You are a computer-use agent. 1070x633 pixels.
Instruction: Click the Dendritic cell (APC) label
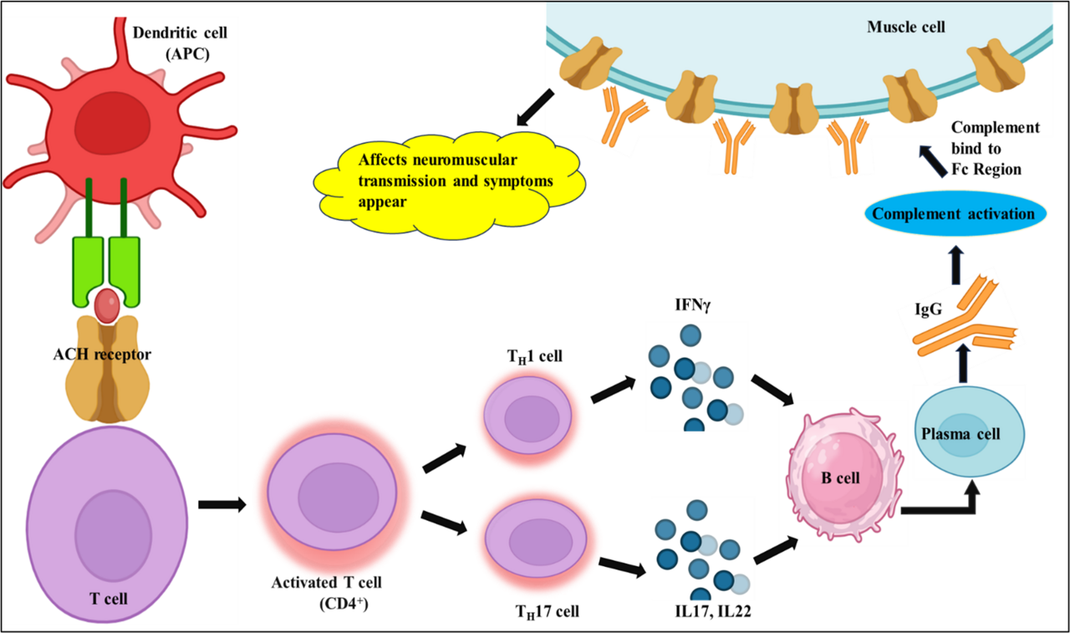(x=180, y=43)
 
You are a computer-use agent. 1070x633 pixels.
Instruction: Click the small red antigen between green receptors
(x=107, y=306)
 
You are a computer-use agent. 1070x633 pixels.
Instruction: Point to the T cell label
(x=108, y=598)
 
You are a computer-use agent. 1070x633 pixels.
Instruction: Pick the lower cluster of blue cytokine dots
(x=702, y=549)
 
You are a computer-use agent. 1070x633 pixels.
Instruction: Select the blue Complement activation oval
(x=953, y=213)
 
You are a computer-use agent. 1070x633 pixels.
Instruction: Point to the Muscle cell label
(x=905, y=27)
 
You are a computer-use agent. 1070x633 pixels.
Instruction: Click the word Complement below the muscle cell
(x=995, y=127)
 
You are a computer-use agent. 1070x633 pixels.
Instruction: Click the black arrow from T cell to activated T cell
(x=222, y=504)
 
